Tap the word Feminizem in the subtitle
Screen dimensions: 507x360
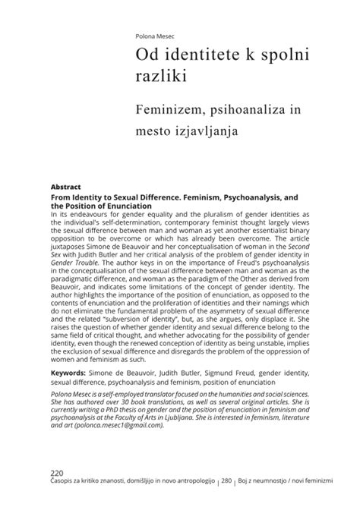tap(168, 111)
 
